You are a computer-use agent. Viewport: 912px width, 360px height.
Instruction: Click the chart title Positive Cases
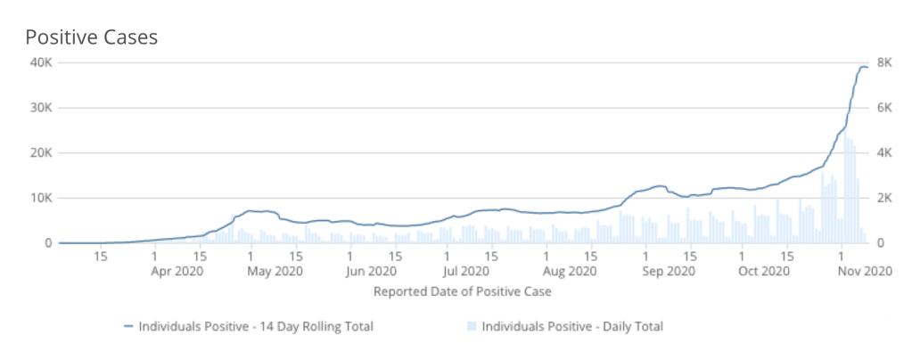pyautogui.click(x=91, y=37)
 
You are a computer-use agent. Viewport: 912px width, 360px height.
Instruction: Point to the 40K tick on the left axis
pyautogui.click(x=39, y=63)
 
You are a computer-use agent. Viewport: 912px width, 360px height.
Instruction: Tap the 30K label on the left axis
pyautogui.click(x=39, y=108)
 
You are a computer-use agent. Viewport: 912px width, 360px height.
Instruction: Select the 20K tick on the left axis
pyautogui.click(x=39, y=153)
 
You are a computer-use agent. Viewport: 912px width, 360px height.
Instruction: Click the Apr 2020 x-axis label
pyautogui.click(x=176, y=271)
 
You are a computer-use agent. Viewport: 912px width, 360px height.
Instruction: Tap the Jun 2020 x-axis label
pyautogui.click(x=371, y=271)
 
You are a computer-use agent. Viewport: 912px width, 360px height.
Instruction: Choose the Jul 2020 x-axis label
pyautogui.click(x=464, y=271)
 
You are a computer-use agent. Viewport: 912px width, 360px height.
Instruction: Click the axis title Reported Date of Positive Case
pyautogui.click(x=462, y=291)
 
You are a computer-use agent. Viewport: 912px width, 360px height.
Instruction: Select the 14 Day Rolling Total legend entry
pyautogui.click(x=248, y=327)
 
